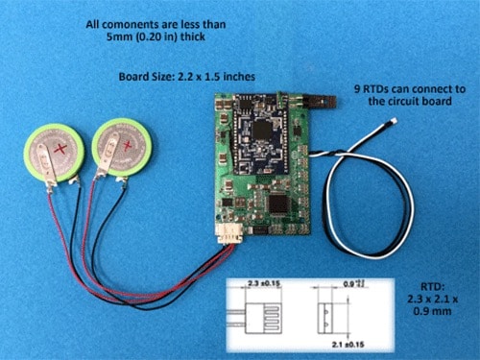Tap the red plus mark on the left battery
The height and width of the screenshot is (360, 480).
[x=64, y=152]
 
